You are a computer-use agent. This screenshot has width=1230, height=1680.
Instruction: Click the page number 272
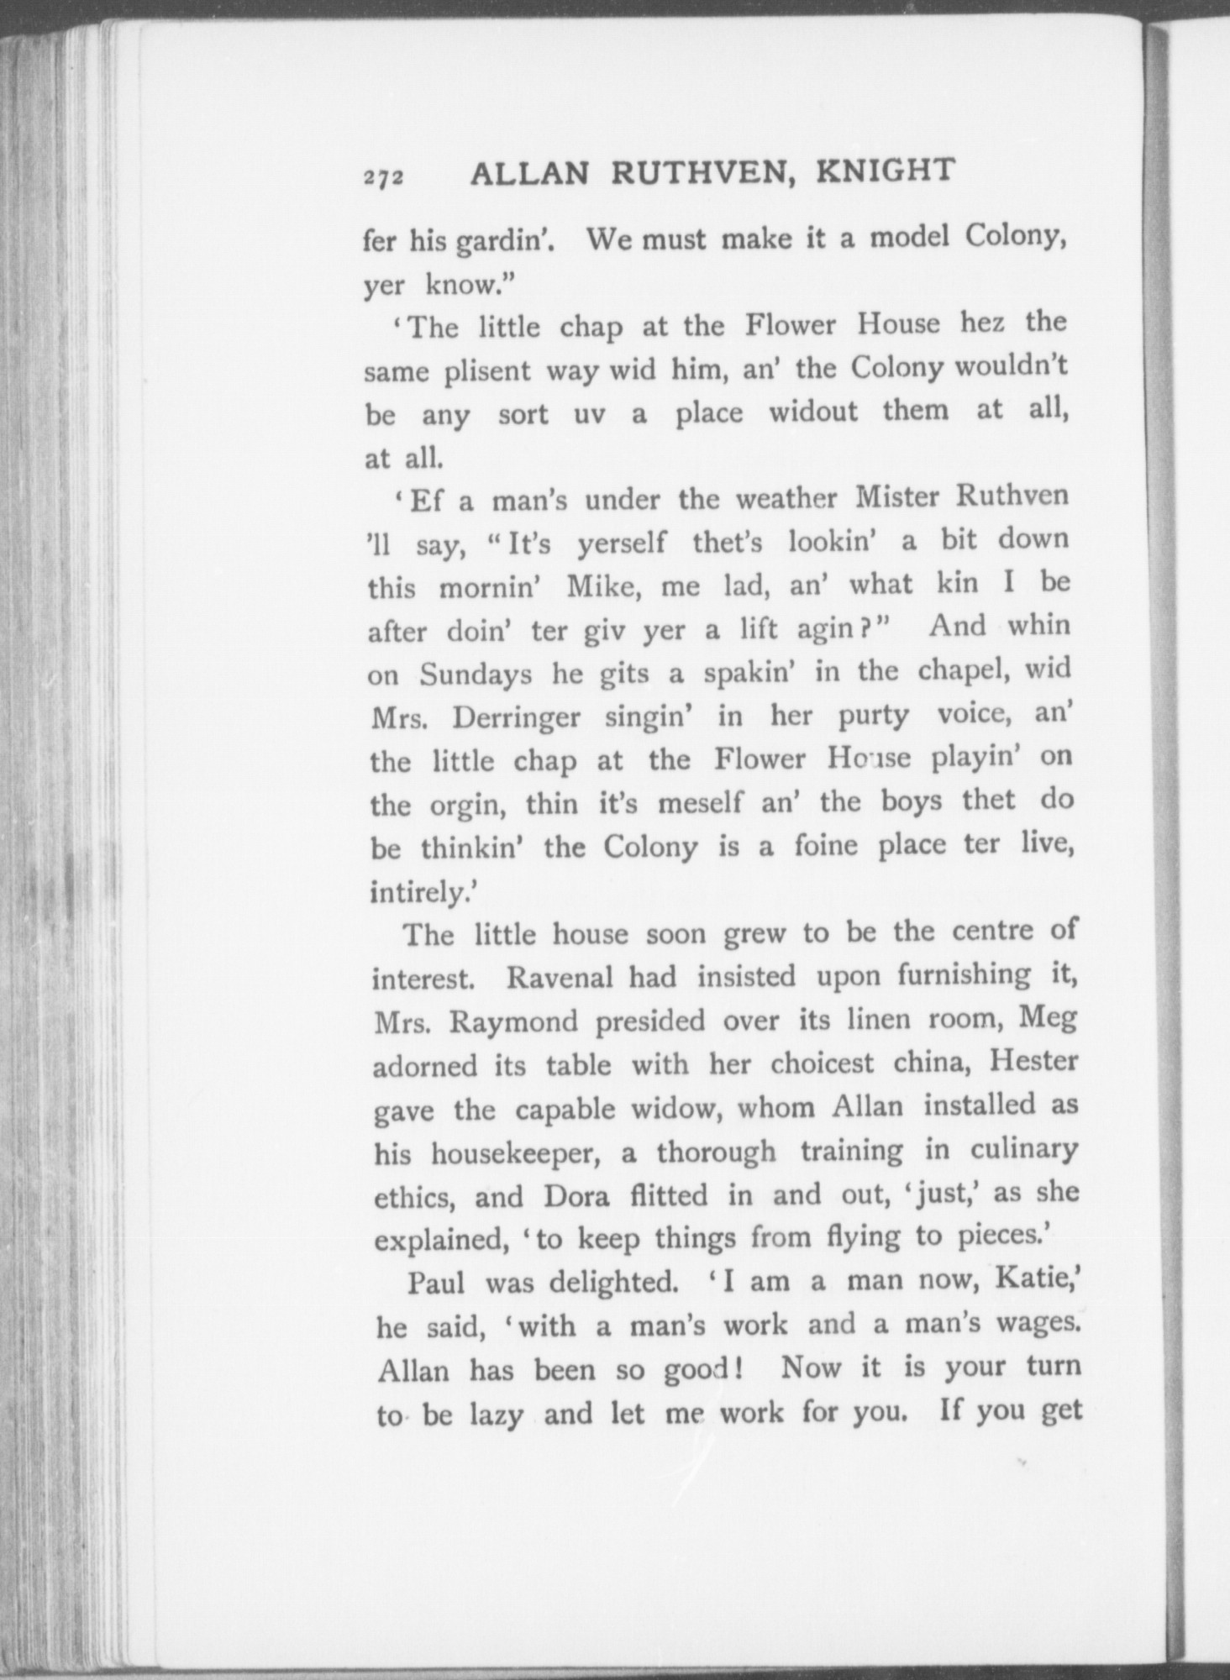(385, 178)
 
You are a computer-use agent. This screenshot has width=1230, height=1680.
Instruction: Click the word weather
(786, 499)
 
